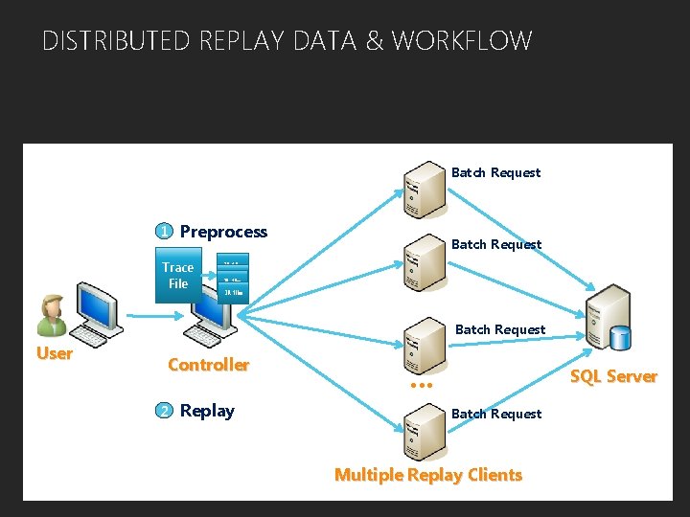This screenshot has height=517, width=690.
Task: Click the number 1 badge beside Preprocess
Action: coord(165,232)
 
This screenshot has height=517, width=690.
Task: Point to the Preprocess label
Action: coord(223,232)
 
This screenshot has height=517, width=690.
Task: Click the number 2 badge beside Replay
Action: coord(165,411)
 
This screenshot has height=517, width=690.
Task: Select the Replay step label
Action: coord(207,411)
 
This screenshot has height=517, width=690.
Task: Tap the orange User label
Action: coord(54,353)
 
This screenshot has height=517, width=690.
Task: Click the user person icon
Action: coord(51,315)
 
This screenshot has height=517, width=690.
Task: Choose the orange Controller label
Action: coord(208,365)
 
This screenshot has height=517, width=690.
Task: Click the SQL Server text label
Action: coord(613,376)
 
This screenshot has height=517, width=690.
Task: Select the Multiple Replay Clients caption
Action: coord(427,475)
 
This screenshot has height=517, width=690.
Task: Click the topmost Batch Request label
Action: coord(495,173)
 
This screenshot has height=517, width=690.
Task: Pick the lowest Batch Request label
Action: coord(495,415)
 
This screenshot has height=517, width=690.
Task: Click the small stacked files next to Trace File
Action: coord(234,278)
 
